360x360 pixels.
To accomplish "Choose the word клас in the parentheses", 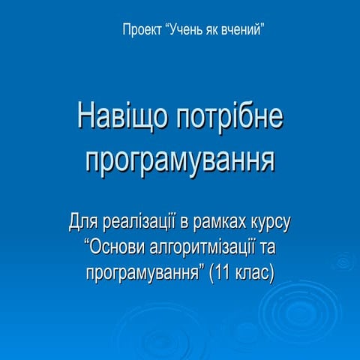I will click(255, 271).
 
